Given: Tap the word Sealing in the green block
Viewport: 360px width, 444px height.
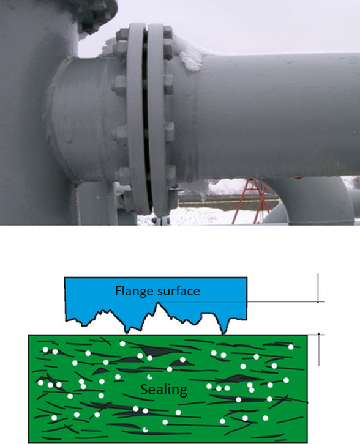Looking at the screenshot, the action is click(x=164, y=390).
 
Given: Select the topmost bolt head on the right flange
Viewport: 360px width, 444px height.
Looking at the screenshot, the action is click(x=168, y=32).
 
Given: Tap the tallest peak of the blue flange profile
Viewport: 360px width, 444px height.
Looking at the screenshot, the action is click(x=159, y=303).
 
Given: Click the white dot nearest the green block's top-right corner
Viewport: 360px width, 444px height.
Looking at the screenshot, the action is click(x=291, y=347).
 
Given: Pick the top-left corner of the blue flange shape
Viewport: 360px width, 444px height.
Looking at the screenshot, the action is click(x=65, y=278).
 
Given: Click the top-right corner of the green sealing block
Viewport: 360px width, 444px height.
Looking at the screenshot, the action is click(x=307, y=335).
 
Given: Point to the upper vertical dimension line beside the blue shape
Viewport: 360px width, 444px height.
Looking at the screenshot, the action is click(x=318, y=288).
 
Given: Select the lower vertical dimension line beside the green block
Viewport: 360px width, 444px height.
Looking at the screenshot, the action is click(x=319, y=350).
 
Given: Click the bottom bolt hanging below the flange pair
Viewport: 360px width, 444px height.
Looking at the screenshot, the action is click(x=161, y=220).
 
